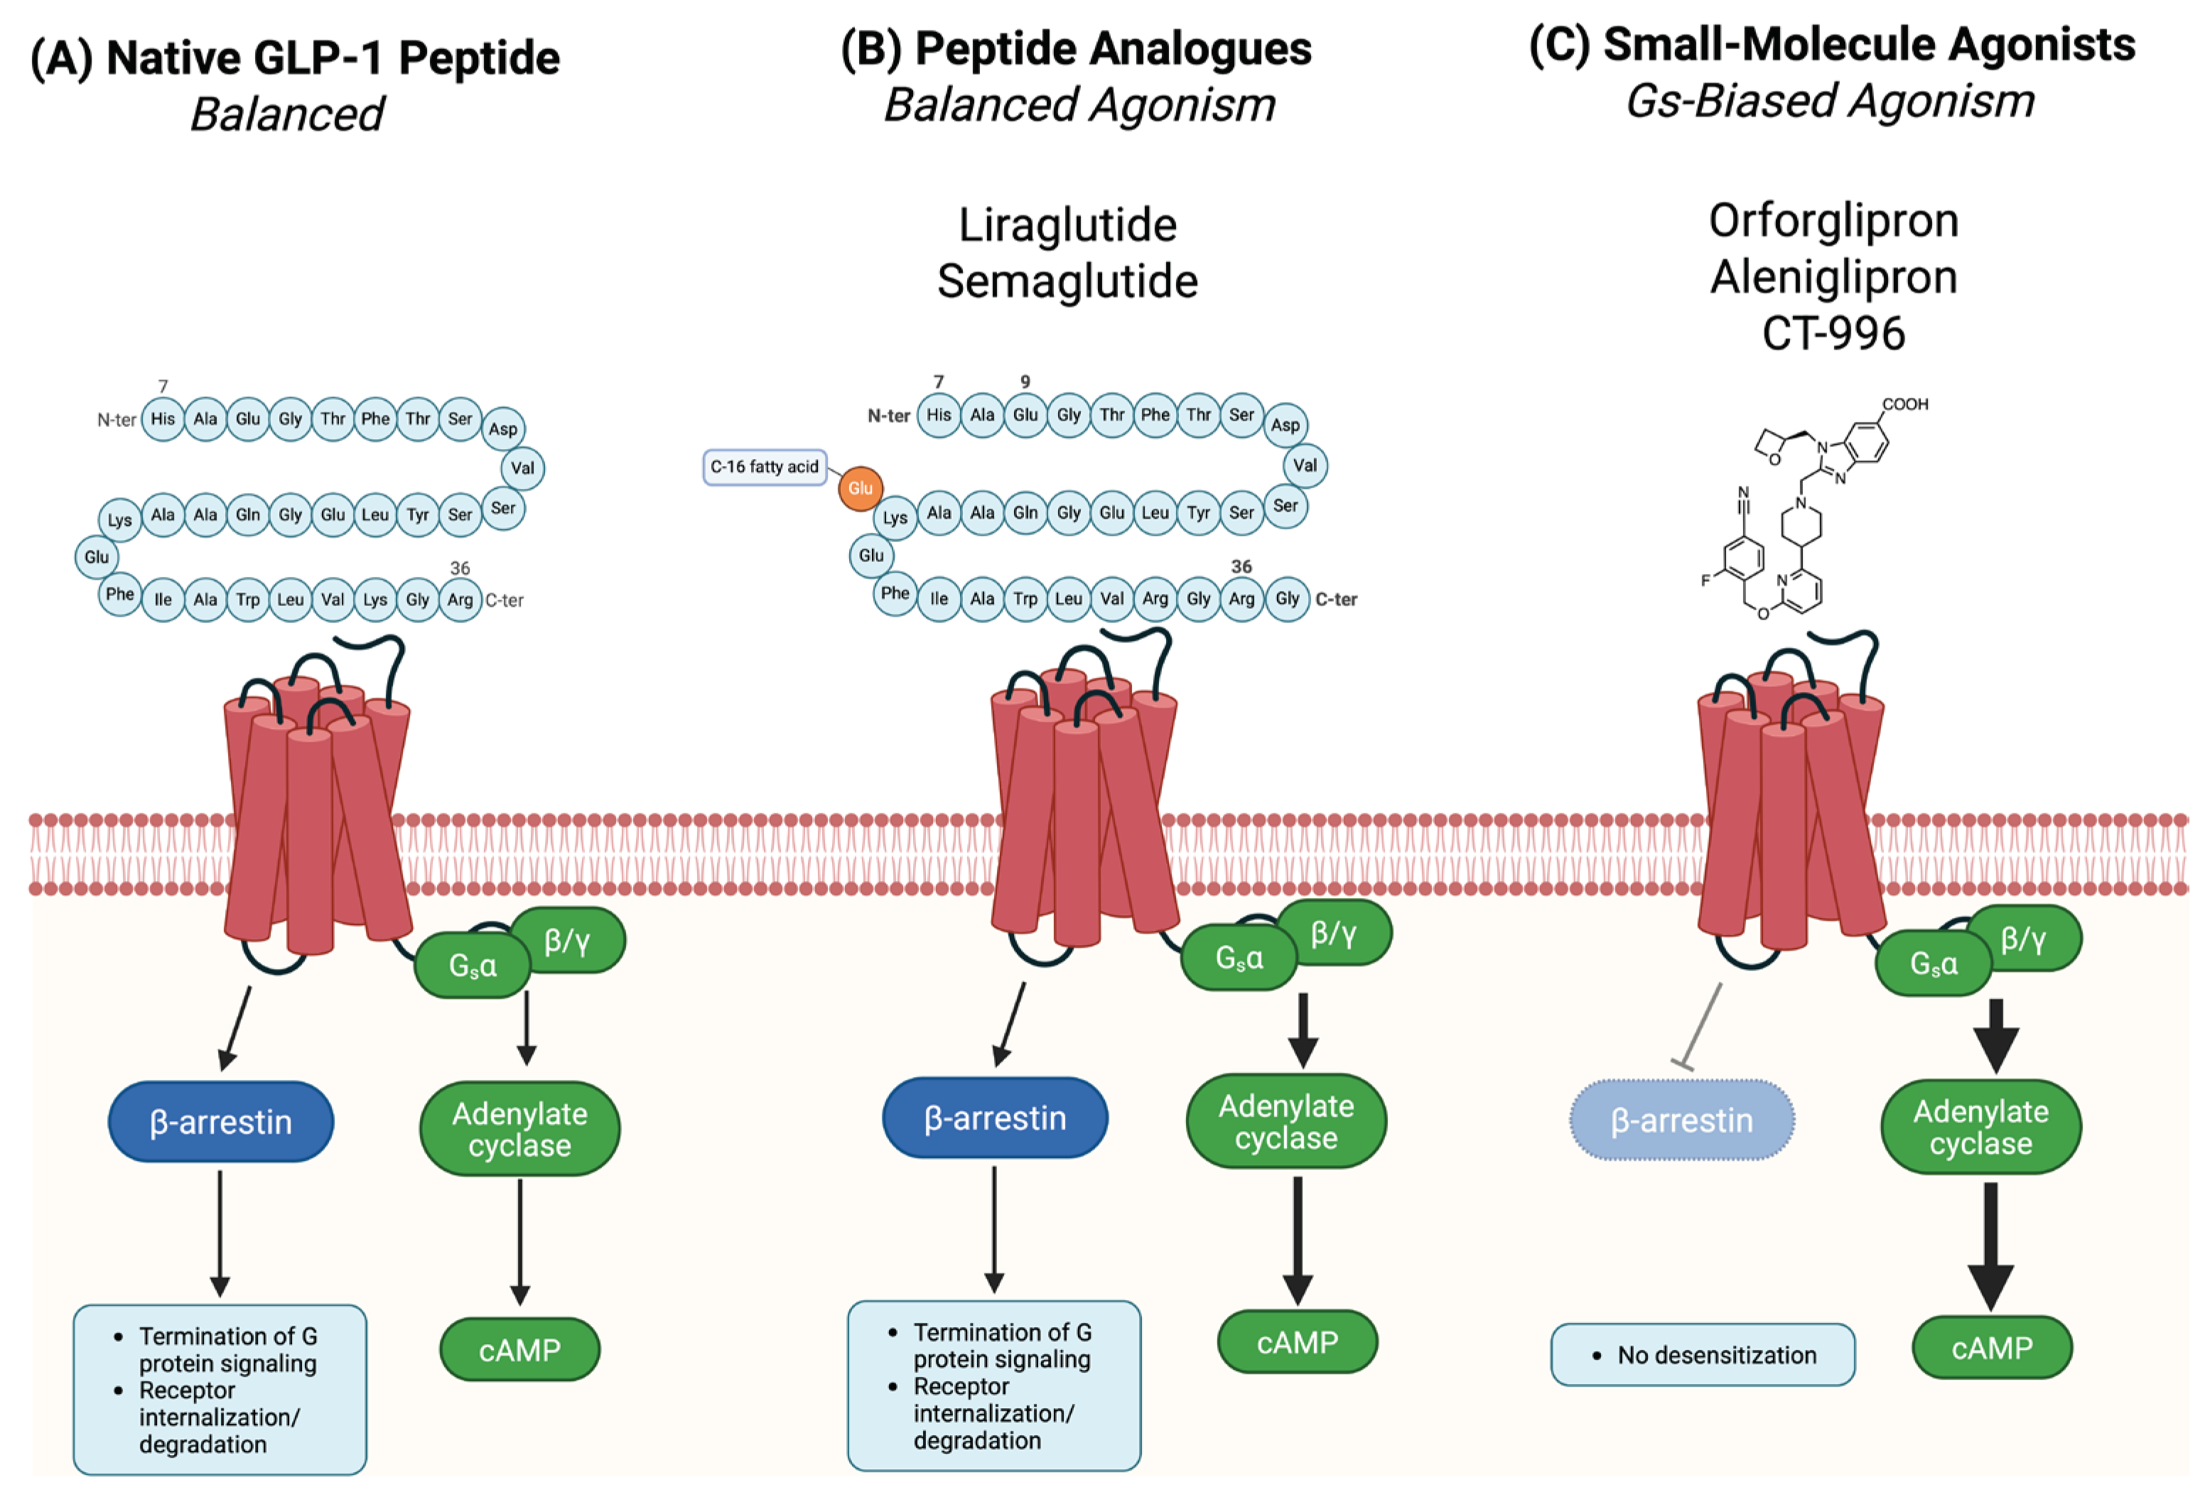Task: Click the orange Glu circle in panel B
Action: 860,488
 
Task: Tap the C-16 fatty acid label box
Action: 765,467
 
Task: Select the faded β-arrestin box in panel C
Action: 1681,1120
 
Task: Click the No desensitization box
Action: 1702,1354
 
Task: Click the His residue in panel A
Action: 163,418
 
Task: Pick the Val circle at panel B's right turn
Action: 1305,465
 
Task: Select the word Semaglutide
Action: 1067,281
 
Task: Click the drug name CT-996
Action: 1833,334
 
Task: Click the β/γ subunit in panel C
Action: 2022,939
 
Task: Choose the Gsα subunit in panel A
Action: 473,966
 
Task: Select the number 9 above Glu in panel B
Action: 1025,382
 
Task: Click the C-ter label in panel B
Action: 1336,599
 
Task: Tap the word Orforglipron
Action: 1833,221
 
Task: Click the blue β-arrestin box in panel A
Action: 220,1121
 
